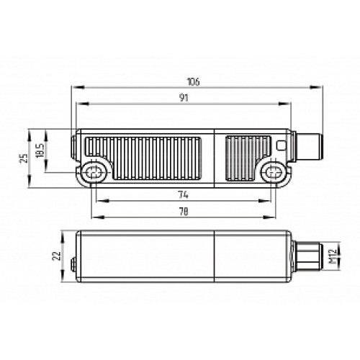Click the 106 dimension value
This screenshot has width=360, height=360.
pyautogui.click(x=193, y=82)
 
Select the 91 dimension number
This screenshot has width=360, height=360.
pyautogui.click(x=184, y=98)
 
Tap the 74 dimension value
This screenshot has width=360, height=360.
pyautogui.click(x=184, y=195)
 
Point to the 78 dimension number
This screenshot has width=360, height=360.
pyautogui.click(x=184, y=212)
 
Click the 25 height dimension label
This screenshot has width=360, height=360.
pyautogui.click(x=24, y=158)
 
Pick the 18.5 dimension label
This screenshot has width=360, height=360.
pyautogui.click(x=40, y=150)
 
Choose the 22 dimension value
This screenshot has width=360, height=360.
pyautogui.click(x=57, y=256)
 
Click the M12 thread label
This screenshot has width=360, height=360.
pyautogui.click(x=333, y=256)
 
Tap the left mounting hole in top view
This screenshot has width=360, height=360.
pyautogui.click(x=94, y=172)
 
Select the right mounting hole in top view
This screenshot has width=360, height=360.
pyautogui.click(x=272, y=172)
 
